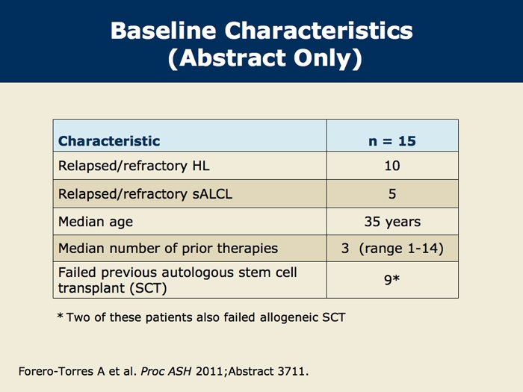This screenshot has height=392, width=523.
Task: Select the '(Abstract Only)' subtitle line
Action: click(261, 59)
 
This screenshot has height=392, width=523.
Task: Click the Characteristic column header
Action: click(109, 140)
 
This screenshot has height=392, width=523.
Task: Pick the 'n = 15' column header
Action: click(392, 140)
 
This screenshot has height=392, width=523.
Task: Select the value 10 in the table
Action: click(392, 167)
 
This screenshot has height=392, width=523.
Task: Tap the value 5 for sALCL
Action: click(392, 194)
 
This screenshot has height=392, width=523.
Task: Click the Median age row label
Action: click(96, 221)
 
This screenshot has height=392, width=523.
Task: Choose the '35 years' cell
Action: click(392, 222)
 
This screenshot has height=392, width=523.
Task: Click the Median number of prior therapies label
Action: click(168, 249)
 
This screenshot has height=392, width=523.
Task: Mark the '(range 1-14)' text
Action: click(403, 249)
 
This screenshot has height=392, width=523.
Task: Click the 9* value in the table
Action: click(392, 281)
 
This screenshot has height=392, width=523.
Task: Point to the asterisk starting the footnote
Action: click(61, 317)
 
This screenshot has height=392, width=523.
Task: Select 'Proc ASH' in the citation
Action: click(173, 370)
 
